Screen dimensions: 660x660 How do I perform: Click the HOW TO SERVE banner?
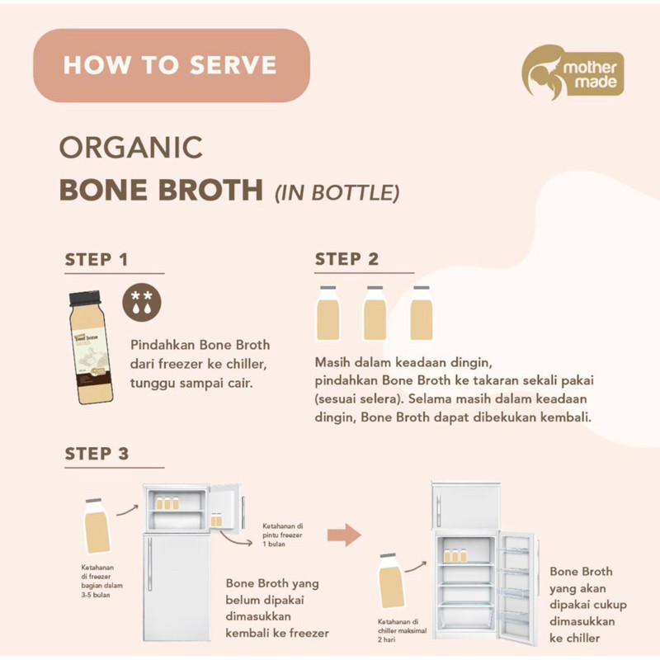click(x=171, y=65)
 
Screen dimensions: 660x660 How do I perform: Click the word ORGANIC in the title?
click(x=131, y=148)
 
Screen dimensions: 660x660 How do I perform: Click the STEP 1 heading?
click(x=97, y=260)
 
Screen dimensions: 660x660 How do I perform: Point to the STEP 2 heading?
click(x=346, y=259)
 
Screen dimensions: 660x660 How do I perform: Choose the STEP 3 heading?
click(x=97, y=454)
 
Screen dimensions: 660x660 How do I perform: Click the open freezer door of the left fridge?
click(x=224, y=511)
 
